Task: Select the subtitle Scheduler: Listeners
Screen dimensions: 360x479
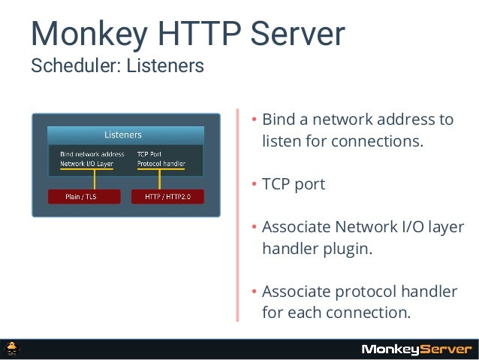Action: click(x=116, y=67)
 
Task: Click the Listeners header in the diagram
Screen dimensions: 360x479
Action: click(x=123, y=135)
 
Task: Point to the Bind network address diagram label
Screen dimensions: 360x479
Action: click(x=92, y=154)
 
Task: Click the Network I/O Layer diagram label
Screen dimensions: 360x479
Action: click(x=87, y=162)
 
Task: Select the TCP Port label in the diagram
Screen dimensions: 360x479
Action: click(x=149, y=154)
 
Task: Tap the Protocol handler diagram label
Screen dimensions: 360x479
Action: click(x=161, y=162)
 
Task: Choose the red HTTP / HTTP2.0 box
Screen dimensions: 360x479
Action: click(x=167, y=197)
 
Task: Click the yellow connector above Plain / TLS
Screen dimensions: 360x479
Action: click(x=94, y=180)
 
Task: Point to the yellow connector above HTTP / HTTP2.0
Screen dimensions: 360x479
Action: click(x=160, y=180)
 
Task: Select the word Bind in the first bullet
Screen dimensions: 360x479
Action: click(x=278, y=120)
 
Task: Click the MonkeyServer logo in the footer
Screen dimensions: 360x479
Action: click(x=417, y=349)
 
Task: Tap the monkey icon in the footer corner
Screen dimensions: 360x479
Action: click(x=13, y=349)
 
